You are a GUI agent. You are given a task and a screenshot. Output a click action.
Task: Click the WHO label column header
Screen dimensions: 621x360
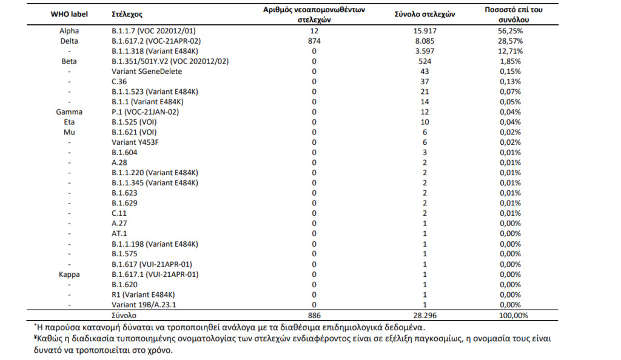69,14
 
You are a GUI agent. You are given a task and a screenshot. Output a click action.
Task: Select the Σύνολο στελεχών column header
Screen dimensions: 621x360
425,14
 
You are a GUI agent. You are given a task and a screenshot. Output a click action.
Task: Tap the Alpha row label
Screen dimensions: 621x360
69,31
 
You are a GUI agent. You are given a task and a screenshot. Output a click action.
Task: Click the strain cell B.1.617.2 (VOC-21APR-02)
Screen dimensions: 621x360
156,41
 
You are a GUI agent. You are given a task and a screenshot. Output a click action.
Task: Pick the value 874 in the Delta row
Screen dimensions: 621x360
314,41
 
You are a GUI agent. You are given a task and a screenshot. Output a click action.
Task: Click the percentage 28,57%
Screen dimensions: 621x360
510,41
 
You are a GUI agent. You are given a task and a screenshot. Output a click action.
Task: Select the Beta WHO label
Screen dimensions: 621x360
69,61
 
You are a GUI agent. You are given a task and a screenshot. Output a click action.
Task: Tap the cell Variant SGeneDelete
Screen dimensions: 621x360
147,72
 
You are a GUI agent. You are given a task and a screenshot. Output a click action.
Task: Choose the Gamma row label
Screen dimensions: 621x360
69,112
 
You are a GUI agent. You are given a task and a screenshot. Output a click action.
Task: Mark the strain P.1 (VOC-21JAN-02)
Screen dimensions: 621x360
146,112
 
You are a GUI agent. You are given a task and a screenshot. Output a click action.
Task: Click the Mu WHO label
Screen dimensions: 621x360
69,132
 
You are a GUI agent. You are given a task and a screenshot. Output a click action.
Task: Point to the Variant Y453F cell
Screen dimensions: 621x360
135,142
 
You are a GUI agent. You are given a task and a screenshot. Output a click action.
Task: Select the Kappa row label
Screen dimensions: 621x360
69,275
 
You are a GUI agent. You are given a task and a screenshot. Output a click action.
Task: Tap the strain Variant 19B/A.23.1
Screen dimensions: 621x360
144,305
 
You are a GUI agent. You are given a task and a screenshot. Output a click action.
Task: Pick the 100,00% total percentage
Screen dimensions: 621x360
513,316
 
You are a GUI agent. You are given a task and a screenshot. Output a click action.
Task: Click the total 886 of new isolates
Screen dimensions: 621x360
314,316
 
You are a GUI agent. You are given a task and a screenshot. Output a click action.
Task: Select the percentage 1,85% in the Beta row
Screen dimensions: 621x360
510,61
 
